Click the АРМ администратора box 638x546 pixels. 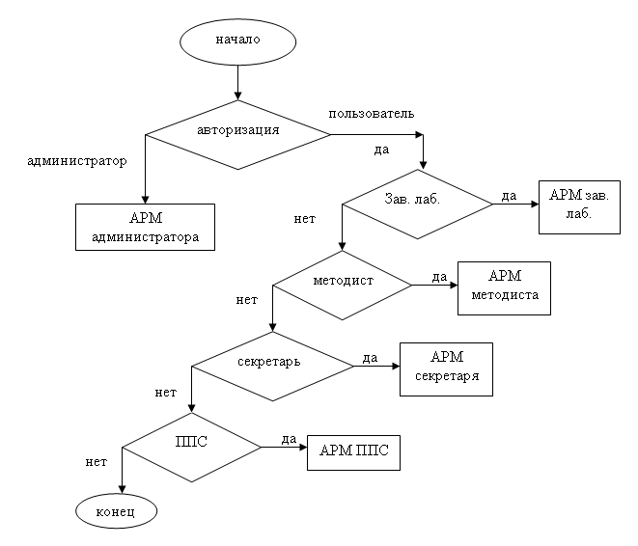click(144, 227)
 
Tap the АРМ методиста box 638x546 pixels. click(504, 287)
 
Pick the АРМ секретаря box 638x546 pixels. click(446, 369)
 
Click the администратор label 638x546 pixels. click(76, 161)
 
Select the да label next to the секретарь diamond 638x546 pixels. click(370, 358)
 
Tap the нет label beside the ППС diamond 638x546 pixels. click(97, 462)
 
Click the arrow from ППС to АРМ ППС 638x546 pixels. click(284, 448)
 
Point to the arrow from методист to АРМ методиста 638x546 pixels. click(434, 286)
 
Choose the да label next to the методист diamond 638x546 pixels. click(439, 277)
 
